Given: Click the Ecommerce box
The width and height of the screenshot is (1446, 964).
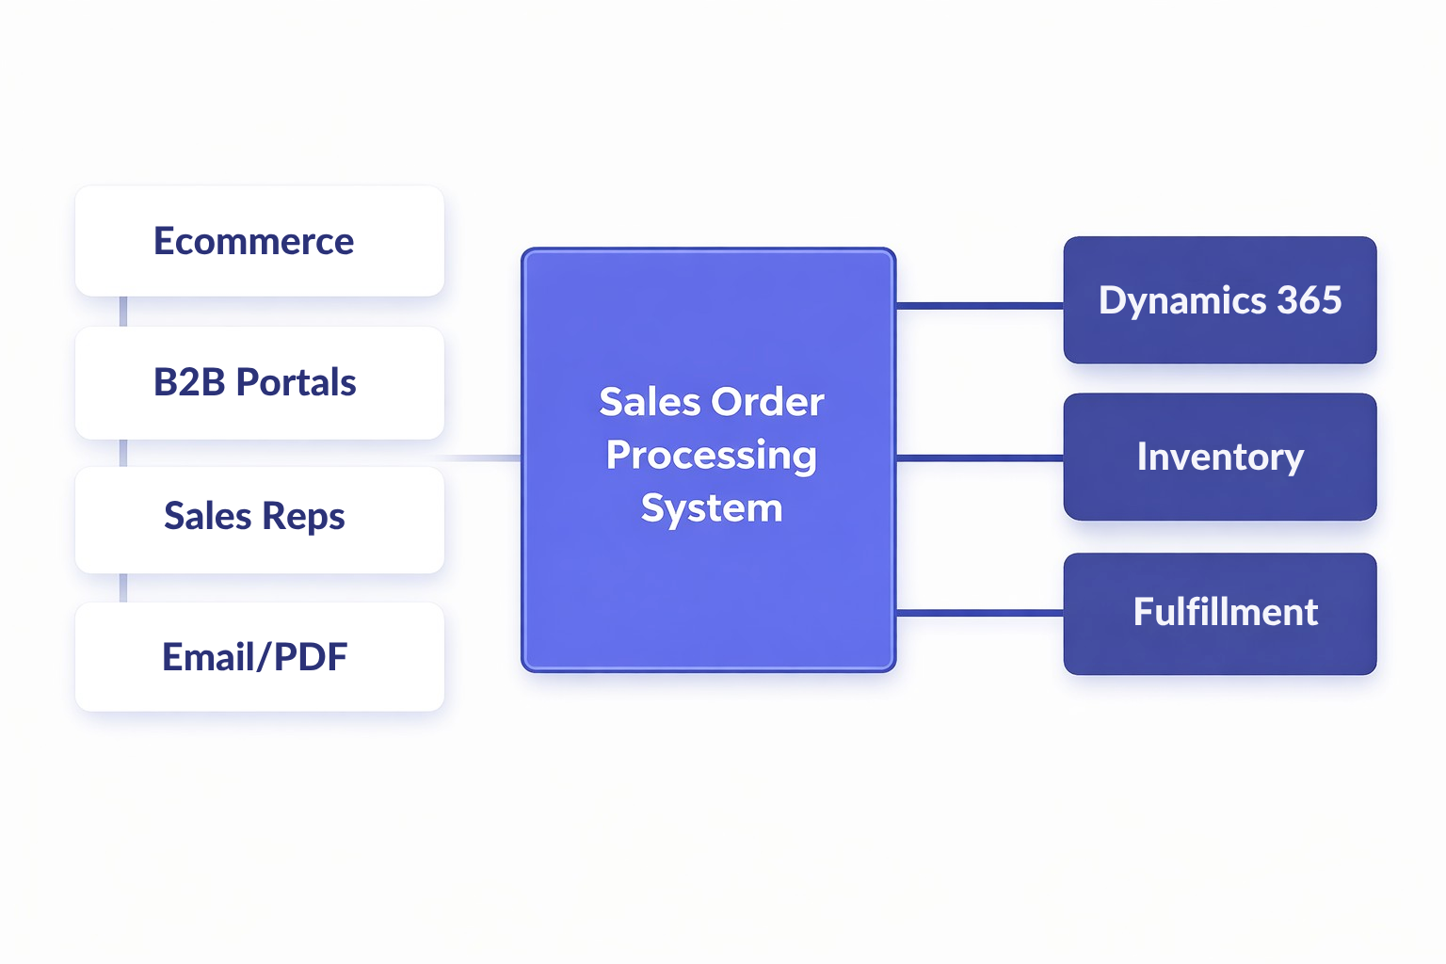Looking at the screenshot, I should point(259,241).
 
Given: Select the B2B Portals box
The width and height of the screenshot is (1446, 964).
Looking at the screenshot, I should point(259,382).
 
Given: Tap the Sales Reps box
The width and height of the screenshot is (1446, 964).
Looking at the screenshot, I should point(259,519).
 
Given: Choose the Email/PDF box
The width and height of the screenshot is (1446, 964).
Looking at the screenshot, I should point(259,656).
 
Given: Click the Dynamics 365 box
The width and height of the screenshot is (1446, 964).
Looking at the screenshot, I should point(1219,300).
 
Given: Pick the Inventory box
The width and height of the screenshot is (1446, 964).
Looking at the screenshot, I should point(1219,457).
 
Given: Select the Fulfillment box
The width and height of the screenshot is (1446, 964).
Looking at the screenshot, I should point(1219,613).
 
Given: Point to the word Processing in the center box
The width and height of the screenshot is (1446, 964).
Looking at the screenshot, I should point(711,456).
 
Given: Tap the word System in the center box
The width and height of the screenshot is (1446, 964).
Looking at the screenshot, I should point(711,508).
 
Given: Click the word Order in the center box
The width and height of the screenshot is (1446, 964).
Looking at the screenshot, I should point(768,402).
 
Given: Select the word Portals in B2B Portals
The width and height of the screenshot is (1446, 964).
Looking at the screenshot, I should point(296,382).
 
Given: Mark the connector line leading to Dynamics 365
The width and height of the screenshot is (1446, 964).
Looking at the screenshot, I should point(979,306).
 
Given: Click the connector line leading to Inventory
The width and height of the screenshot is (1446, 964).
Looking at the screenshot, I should point(979,458).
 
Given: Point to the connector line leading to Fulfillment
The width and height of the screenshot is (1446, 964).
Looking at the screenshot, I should point(979,613).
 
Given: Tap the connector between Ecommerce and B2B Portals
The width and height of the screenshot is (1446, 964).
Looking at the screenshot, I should point(123,312).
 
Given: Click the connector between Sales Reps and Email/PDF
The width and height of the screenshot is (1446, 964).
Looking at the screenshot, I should point(123,587).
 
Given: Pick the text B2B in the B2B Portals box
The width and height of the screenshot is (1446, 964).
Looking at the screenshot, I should point(189,382).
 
